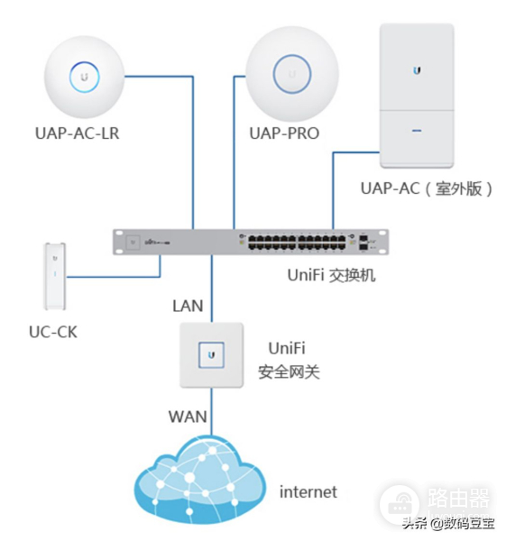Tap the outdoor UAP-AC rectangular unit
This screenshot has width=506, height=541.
[x=416, y=95]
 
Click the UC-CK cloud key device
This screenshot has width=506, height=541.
[x=55, y=273]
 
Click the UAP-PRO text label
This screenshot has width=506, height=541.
[x=284, y=133]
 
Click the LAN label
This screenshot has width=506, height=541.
[x=188, y=306]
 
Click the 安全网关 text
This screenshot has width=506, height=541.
[x=289, y=371]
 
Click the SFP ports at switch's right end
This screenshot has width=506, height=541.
[x=363, y=242]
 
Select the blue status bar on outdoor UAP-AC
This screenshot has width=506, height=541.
[x=416, y=130]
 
